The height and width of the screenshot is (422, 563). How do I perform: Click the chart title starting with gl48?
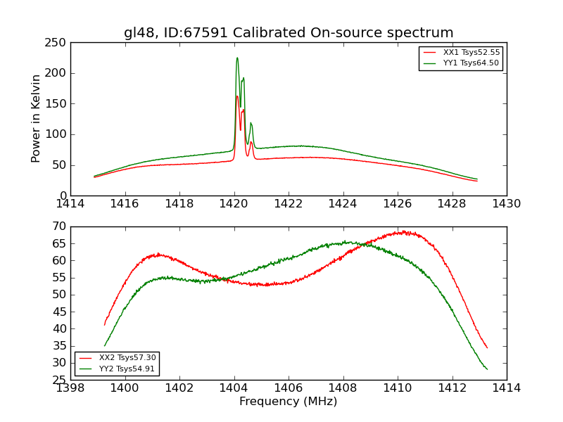289,33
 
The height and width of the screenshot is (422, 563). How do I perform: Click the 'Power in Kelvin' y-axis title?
36,119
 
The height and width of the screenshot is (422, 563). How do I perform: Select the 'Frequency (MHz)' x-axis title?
289,402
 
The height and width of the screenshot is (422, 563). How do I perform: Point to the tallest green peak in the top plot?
237,58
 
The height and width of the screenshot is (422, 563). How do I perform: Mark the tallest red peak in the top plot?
236,96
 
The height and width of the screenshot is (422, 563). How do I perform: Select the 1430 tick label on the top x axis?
507,204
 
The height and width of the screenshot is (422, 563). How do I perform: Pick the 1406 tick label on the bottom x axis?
289,388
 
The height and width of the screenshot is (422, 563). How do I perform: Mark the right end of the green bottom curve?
487,369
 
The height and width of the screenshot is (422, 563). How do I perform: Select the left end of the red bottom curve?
105,324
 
